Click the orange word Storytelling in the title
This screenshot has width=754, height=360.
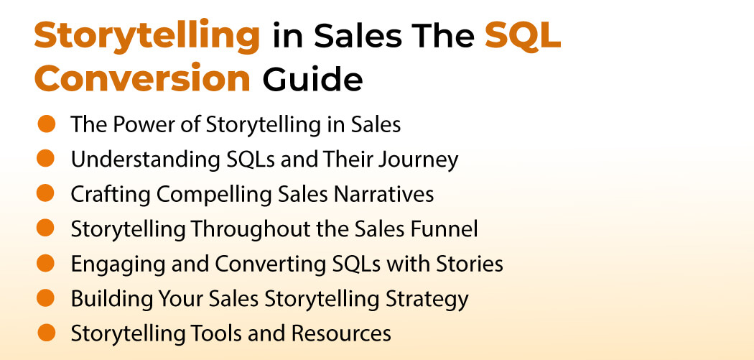tap(146, 36)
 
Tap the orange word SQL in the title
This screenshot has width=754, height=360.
tap(522, 36)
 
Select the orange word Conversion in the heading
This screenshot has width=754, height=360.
tap(142, 79)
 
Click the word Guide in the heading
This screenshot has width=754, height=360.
tap(312, 79)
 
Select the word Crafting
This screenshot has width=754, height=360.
tap(103, 194)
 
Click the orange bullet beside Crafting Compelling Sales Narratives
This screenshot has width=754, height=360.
tap(46, 193)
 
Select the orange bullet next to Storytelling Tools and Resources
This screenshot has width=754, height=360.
tap(46, 333)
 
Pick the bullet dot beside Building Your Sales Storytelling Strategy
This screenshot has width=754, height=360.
tap(46, 297)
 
